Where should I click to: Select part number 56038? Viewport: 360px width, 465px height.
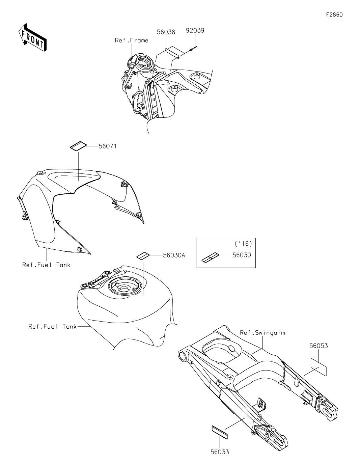[x=166, y=32]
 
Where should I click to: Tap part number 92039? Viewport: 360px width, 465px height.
[x=195, y=30]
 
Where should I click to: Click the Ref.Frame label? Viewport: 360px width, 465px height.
[x=132, y=40]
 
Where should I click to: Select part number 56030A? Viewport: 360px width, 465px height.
[x=174, y=255]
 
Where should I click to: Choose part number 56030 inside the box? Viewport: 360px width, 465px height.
[x=242, y=255]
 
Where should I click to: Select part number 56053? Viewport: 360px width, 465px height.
[x=318, y=346]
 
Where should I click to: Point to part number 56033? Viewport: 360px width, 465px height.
[x=220, y=452]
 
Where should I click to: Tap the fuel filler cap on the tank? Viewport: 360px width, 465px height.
[x=123, y=289]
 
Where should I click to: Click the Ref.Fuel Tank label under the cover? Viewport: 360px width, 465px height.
[x=47, y=265]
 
